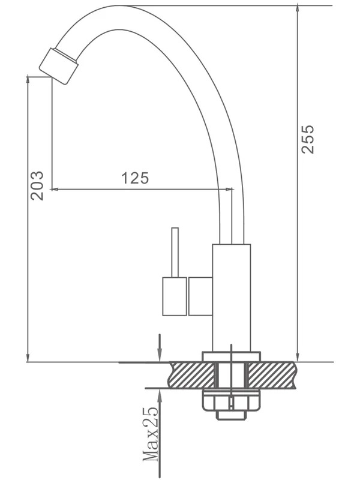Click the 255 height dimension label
tap(308, 139)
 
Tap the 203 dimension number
tap(37, 186)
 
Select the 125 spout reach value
tap(136, 178)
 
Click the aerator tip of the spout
tap(59, 66)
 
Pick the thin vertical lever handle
tap(175, 253)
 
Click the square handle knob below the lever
tap(175, 296)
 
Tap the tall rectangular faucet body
tap(232, 298)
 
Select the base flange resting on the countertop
tap(231, 357)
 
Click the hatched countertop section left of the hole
tap(193, 375)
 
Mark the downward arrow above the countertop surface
tap(159, 348)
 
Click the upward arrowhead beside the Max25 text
tap(160, 395)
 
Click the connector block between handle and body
tap(200, 296)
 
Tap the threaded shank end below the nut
tap(232, 415)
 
